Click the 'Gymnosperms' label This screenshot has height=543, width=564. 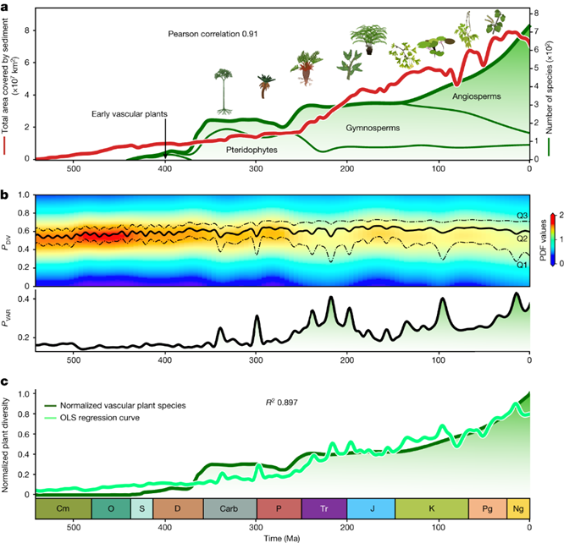coord(373,128)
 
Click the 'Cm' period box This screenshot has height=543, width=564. coord(63,508)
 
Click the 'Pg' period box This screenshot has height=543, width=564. coord(487,508)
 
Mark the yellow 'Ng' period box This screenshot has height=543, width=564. coord(518,508)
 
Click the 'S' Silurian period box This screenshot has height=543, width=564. coord(141,508)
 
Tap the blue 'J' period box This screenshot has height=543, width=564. coord(373,508)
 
